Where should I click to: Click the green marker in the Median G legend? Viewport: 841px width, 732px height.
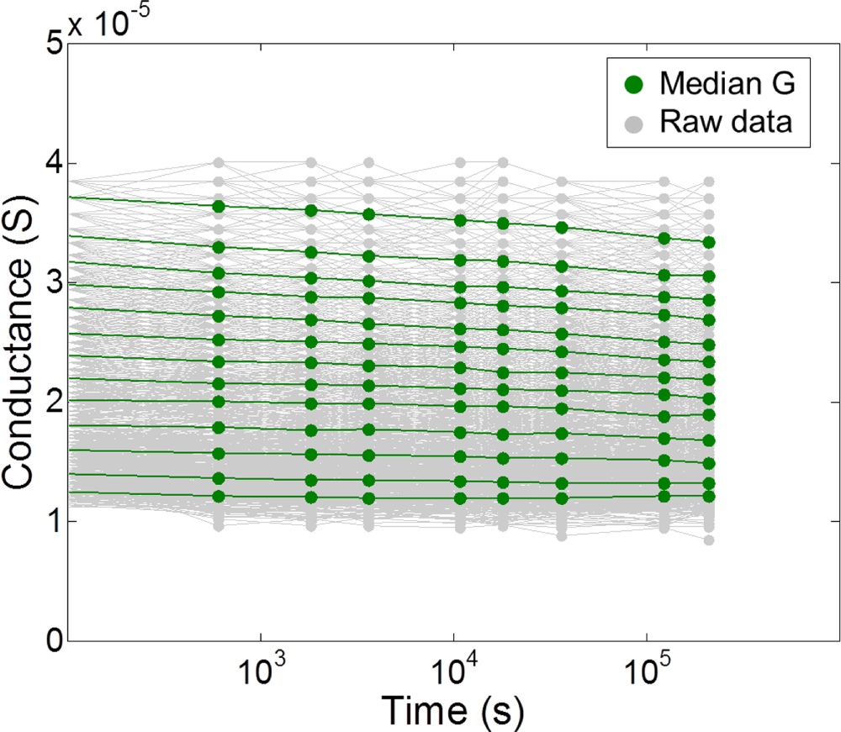click(634, 83)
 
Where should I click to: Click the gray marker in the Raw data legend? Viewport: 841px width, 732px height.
click(634, 123)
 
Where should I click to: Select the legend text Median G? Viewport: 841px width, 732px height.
click(725, 83)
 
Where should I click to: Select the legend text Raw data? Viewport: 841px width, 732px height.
click(726, 123)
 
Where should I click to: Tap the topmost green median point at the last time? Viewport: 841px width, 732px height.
click(709, 242)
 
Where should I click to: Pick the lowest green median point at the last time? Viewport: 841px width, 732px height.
click(709, 497)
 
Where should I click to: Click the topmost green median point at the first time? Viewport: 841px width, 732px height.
click(219, 206)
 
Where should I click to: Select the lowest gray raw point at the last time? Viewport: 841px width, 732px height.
click(709, 540)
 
